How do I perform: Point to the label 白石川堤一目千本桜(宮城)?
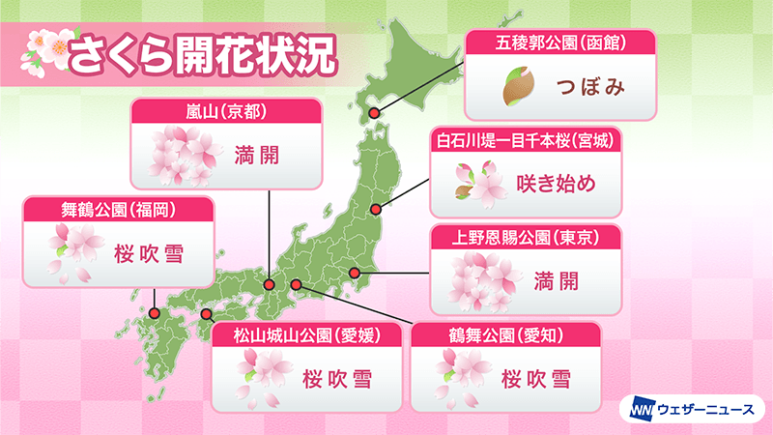click(526, 142)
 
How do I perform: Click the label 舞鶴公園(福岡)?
click(105, 209)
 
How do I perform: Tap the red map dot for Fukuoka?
click(155, 312)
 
